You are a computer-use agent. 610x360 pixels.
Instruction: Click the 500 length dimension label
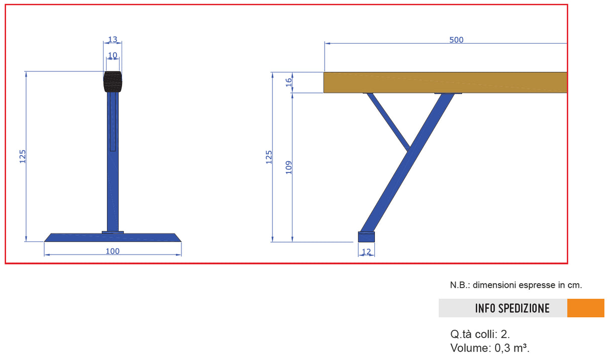pos(456,40)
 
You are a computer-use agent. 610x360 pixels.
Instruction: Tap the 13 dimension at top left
pos(113,40)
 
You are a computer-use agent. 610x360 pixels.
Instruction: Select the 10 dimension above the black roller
pos(113,55)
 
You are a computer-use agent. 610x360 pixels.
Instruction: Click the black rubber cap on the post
pos(113,82)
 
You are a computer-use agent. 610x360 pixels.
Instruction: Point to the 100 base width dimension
pos(113,251)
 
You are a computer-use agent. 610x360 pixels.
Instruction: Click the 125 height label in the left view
pos(23,157)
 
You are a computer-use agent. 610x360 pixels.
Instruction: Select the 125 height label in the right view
pos(269,157)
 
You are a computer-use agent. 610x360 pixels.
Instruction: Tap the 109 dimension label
pos(288,167)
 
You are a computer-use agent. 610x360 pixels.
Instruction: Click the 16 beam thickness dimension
pos(288,82)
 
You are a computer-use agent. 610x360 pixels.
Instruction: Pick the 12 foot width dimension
pos(366,251)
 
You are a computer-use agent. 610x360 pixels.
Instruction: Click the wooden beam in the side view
pos(445,82)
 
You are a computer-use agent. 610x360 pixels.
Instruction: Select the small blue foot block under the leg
pos(366,236)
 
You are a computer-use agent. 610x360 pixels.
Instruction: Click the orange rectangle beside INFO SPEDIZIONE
pos(585,308)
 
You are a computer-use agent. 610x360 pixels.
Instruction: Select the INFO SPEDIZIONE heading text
pos(512,308)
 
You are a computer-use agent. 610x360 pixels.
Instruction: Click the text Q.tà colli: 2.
pos(480,334)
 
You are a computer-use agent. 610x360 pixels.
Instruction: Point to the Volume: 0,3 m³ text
pos(490,347)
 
